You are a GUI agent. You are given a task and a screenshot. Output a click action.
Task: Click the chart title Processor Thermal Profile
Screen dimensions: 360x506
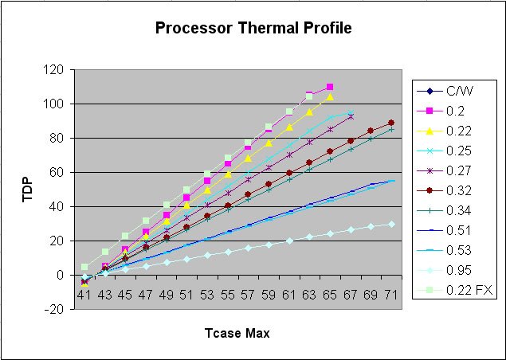253,29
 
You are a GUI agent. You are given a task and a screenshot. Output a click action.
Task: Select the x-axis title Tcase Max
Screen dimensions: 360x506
237,334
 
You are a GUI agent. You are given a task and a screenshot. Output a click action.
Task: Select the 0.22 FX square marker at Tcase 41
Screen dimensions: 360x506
84,267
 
